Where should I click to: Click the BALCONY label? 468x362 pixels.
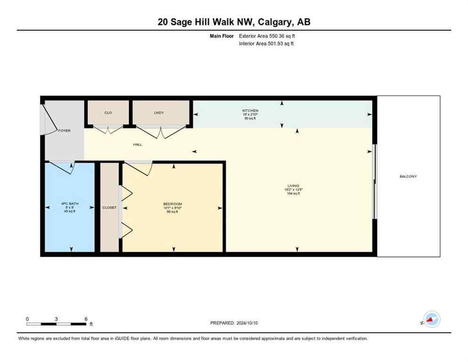click(408, 176)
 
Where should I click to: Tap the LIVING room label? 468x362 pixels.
click(293, 186)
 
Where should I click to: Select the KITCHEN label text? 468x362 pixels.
click(250, 111)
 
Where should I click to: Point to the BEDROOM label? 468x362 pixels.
click(172, 204)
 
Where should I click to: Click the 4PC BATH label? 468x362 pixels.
click(70, 204)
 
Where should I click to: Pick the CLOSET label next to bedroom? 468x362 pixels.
click(109, 207)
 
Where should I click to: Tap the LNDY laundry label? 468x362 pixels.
click(159, 113)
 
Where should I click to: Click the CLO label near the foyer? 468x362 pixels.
click(108, 113)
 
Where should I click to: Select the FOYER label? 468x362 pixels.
click(64, 131)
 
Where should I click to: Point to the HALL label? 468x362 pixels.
click(137, 145)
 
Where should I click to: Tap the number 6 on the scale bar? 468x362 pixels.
click(86, 319)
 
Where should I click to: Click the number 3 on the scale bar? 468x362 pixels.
click(56, 319)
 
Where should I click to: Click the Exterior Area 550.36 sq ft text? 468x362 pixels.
click(267, 36)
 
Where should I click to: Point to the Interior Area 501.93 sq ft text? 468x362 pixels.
click(266, 44)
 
